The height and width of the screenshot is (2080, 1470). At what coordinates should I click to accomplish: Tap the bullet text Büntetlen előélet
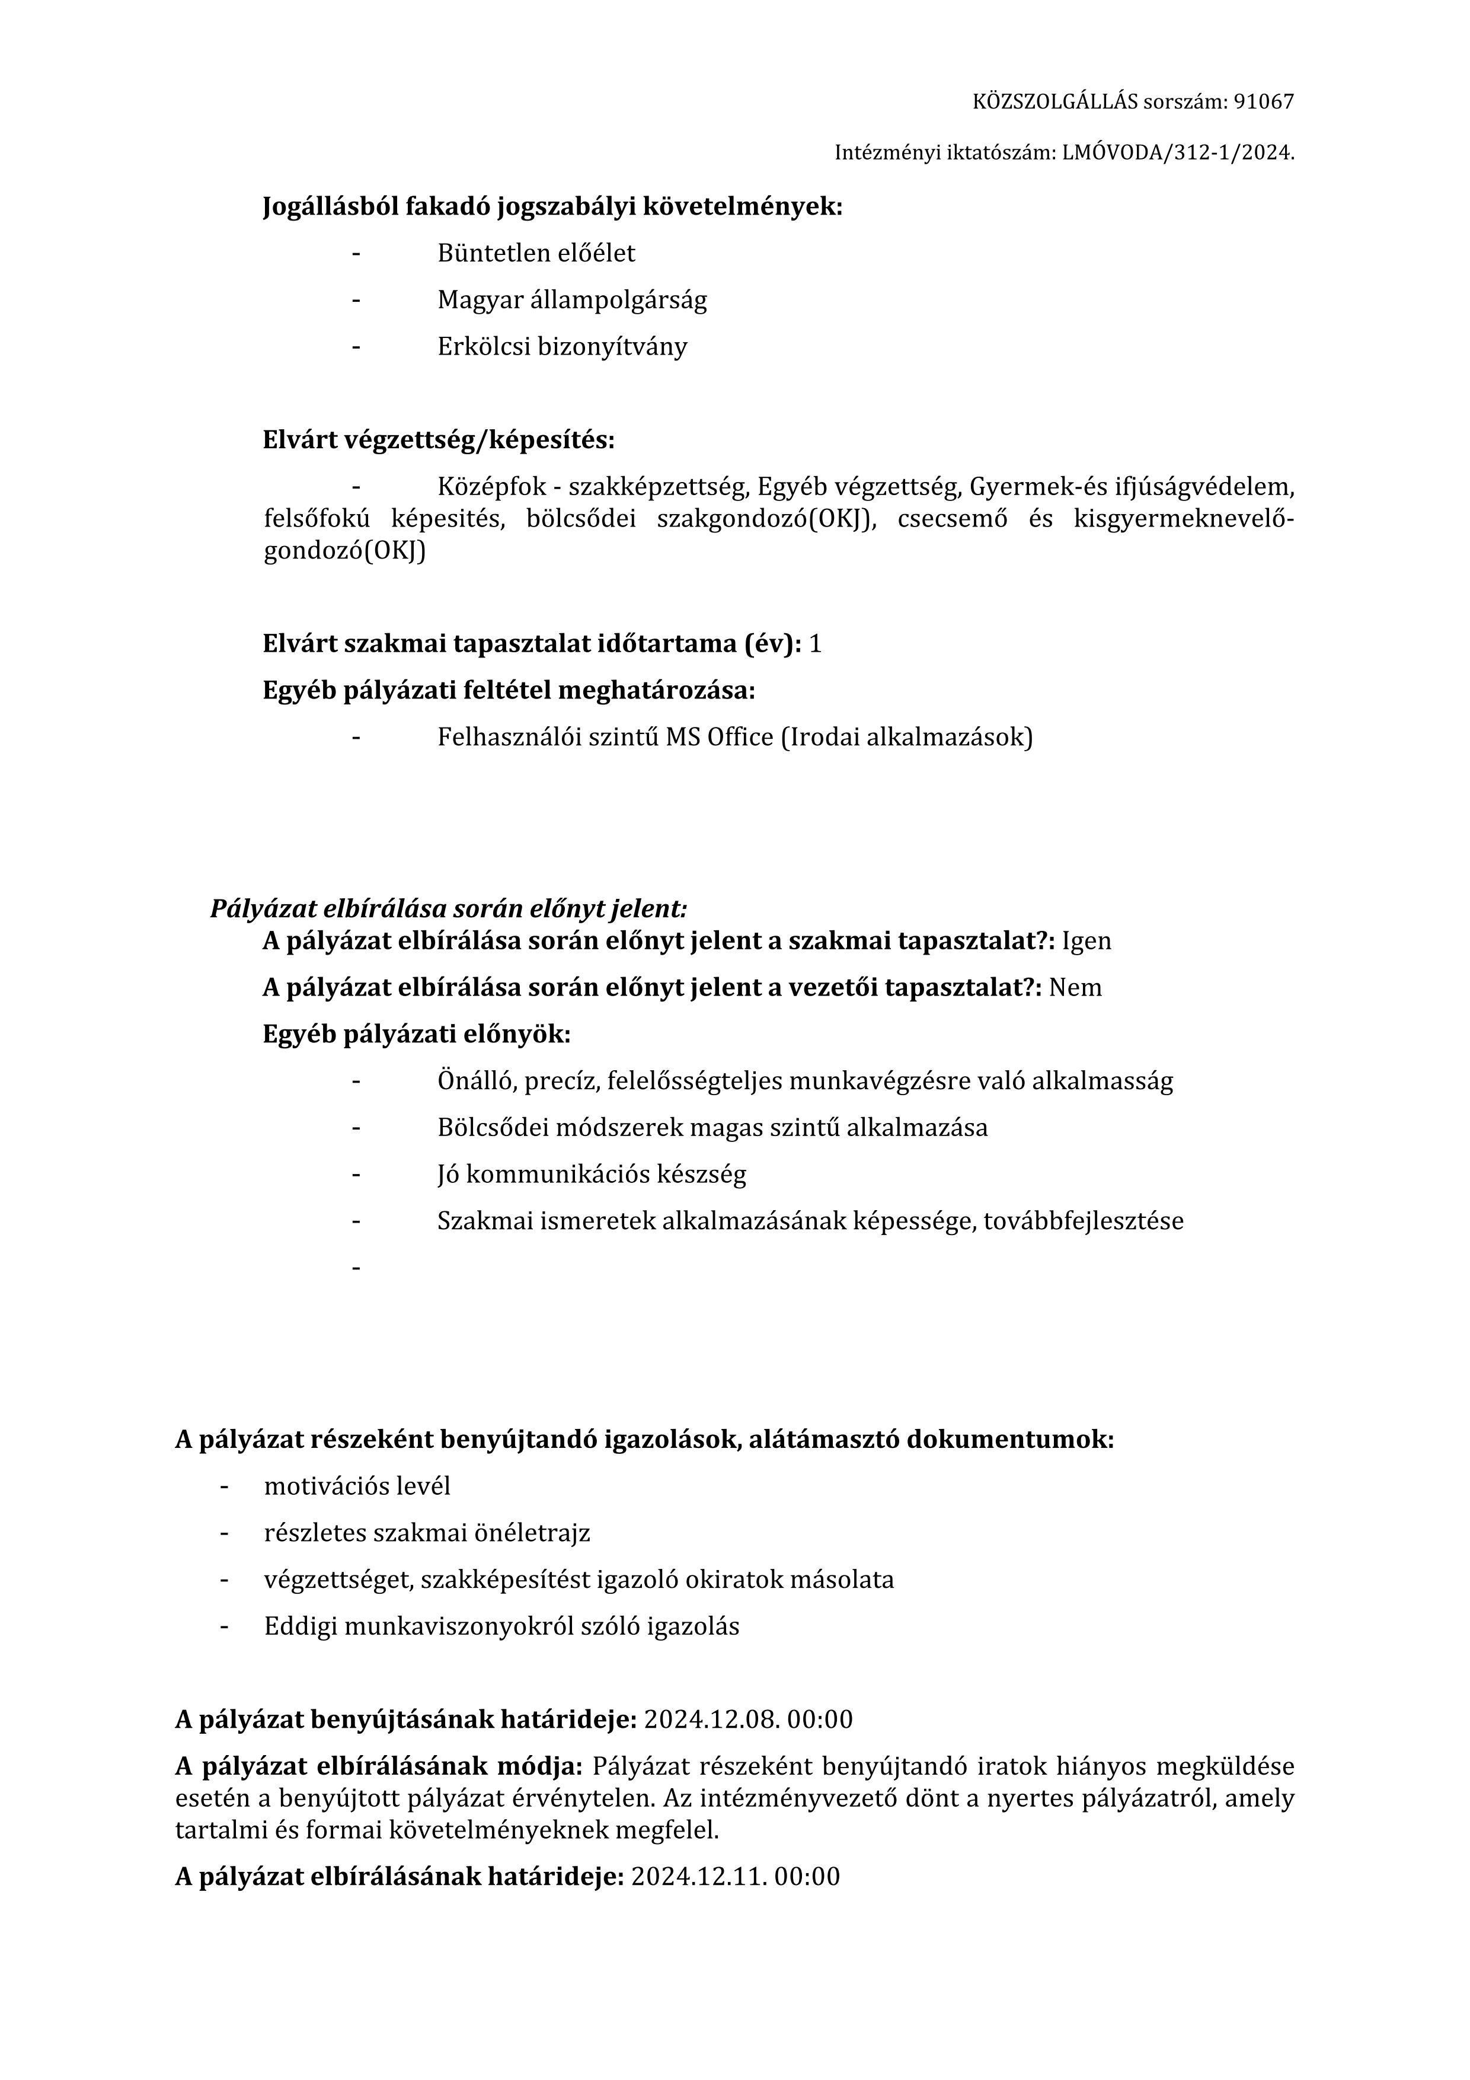point(536,254)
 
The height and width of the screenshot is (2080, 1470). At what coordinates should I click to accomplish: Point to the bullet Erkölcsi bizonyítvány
point(561,347)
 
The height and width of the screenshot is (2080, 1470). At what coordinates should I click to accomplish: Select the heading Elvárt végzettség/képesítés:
point(439,441)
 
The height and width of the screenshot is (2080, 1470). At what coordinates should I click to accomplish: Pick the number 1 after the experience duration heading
point(815,644)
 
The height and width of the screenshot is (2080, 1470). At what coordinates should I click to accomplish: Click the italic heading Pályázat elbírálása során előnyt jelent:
point(448,908)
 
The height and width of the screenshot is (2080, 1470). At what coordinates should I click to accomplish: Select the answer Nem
point(1075,987)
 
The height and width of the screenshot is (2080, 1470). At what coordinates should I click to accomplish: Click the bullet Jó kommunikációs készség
point(592,1175)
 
